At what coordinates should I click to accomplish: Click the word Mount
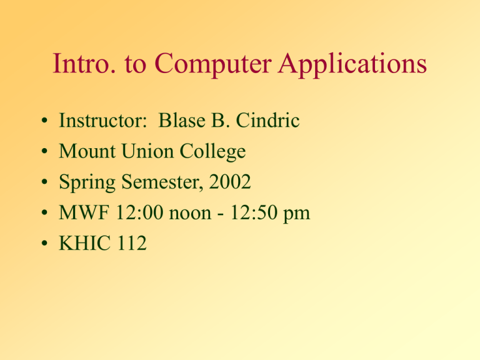coord(86,152)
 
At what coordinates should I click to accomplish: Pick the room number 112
coord(131,244)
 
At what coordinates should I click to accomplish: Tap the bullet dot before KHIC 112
coord(41,244)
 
